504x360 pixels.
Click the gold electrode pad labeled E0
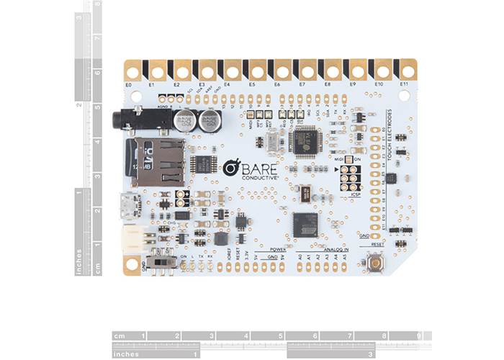coord(132,71)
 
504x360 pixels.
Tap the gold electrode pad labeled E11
coord(408,71)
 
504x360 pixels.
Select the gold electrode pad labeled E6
coord(282,71)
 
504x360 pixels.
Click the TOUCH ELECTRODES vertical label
coord(390,135)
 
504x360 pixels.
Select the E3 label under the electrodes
coord(202,85)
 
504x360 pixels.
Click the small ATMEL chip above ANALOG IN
coord(305,222)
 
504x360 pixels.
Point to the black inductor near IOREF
coord(220,238)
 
